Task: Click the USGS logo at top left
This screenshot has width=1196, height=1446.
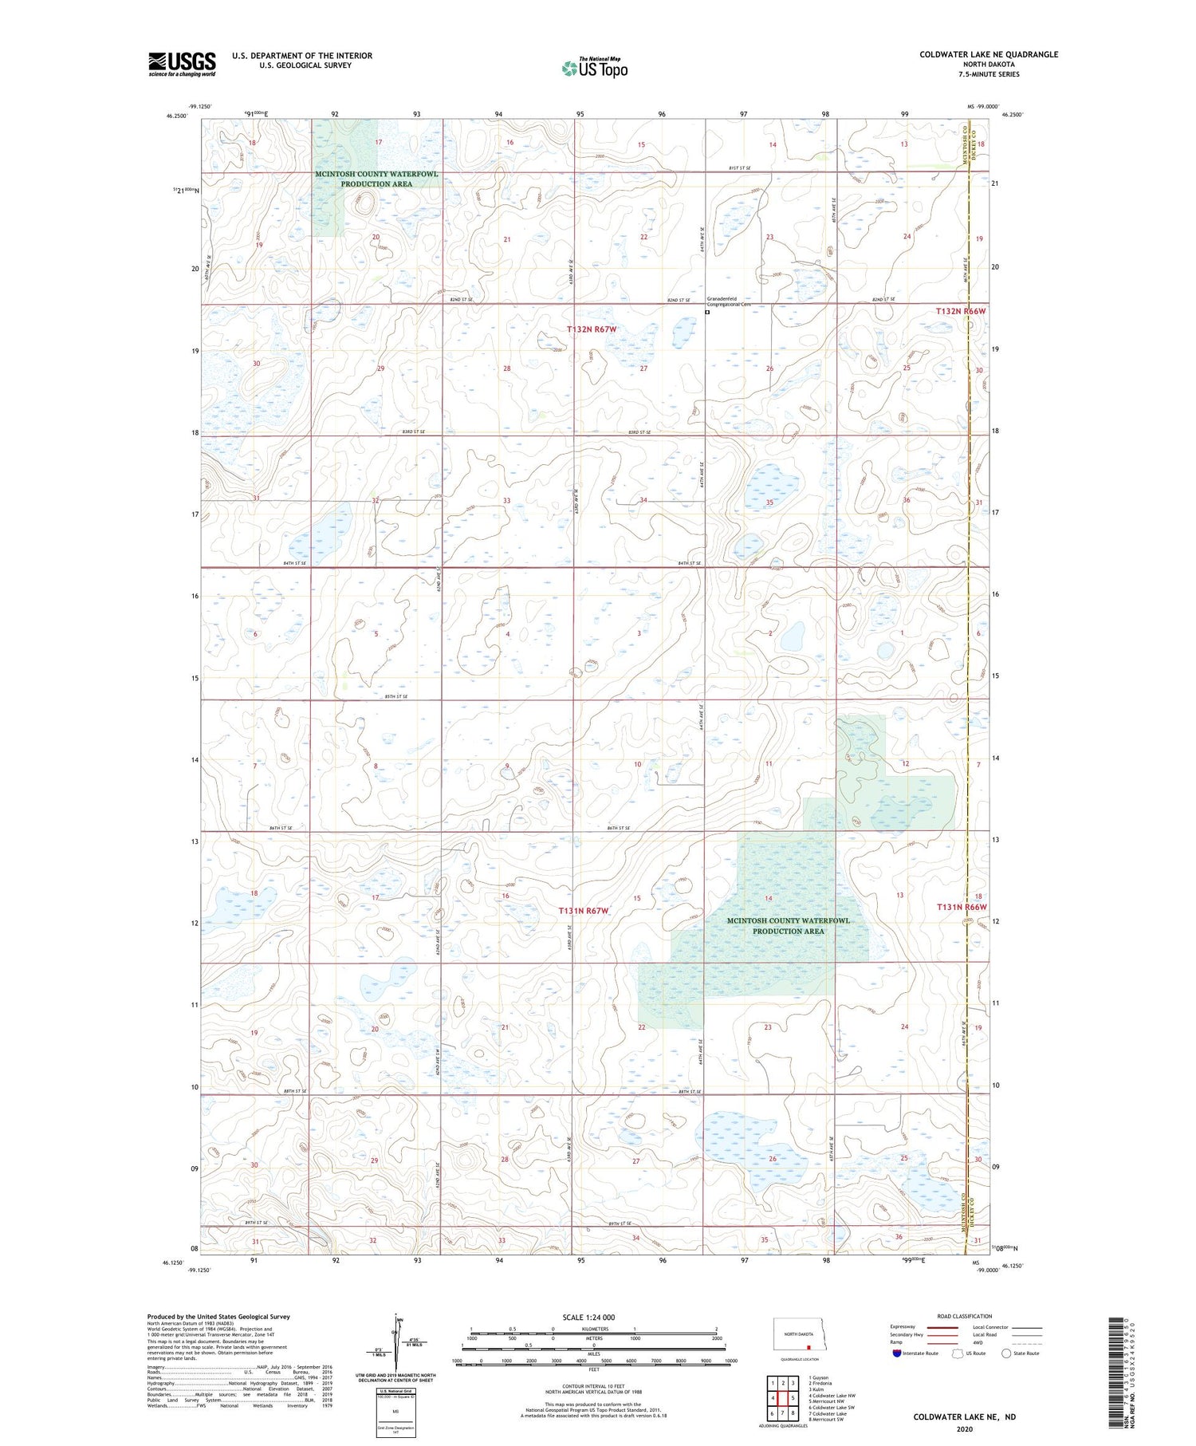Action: point(182,64)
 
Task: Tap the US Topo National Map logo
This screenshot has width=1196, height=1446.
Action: point(594,68)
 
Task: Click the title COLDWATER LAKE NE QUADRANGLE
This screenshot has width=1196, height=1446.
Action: point(989,54)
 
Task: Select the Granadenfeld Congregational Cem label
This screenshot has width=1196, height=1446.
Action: point(730,301)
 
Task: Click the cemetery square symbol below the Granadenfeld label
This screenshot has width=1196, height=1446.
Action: point(707,313)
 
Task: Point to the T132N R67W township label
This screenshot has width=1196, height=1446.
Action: point(592,329)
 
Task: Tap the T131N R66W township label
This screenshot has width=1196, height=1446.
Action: point(961,907)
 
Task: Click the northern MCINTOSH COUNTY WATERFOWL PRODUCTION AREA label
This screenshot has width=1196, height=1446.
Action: point(376,179)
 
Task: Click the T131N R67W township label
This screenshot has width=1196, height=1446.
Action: point(584,910)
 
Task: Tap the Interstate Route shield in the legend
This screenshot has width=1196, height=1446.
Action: point(898,1353)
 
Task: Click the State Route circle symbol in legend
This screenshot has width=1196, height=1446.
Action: point(1006,1353)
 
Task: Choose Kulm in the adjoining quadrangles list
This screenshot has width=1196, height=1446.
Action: point(817,1389)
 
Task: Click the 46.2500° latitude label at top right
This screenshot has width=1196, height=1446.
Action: point(1011,115)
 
